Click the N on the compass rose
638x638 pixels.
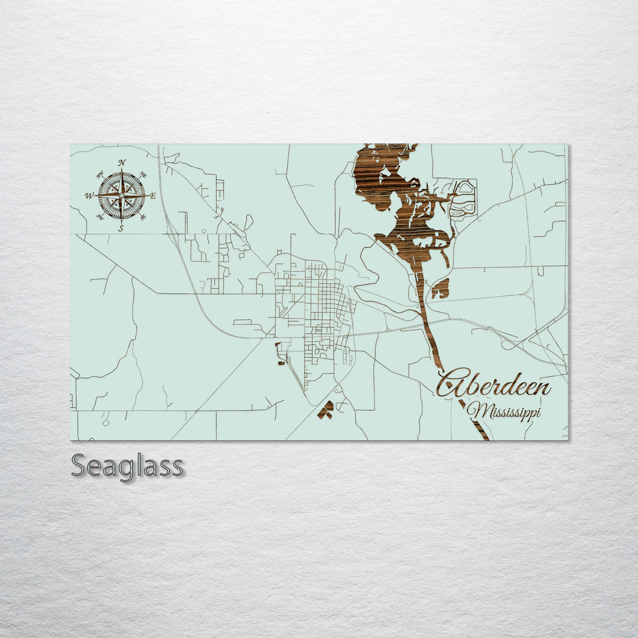(x=122, y=162)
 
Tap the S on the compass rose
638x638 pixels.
(x=121, y=229)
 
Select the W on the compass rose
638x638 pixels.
(x=89, y=196)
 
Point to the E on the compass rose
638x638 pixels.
(x=153, y=196)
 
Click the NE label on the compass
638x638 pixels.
(x=143, y=175)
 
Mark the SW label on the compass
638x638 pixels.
(x=100, y=217)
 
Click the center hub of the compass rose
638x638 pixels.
(x=122, y=196)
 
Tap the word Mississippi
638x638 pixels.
(x=503, y=411)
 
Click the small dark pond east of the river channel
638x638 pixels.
(x=440, y=288)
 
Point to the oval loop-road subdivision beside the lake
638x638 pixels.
(x=463, y=198)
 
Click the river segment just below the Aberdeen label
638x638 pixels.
(x=474, y=420)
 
